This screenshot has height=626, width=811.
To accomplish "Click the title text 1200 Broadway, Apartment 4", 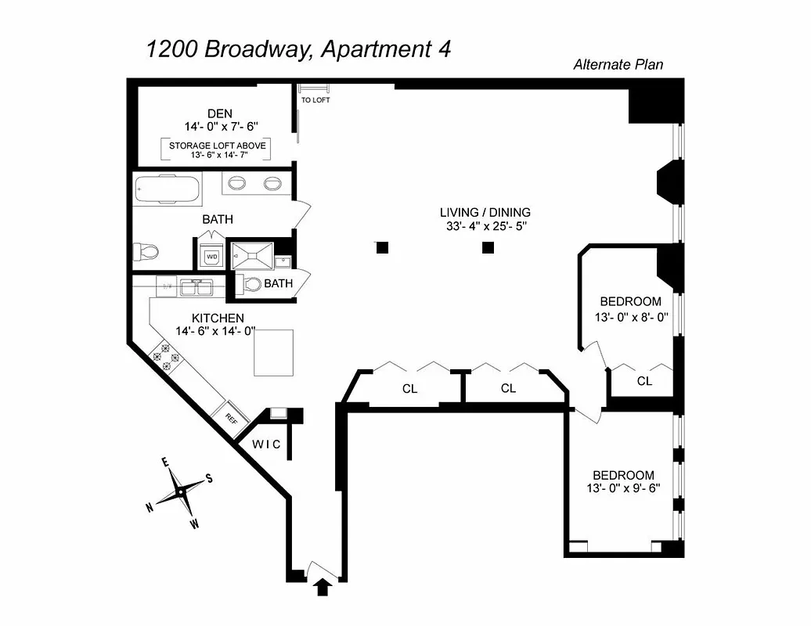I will click(x=298, y=49).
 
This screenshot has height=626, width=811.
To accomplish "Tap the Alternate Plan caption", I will click(x=618, y=65).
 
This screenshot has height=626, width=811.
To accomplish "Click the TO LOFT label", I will click(x=315, y=100).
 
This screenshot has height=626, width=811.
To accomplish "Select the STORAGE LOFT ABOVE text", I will click(x=217, y=146).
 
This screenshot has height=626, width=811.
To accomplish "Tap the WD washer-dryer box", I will click(x=211, y=256).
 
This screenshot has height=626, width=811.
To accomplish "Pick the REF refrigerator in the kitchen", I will click(x=231, y=417).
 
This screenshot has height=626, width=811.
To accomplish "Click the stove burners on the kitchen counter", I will click(x=166, y=356).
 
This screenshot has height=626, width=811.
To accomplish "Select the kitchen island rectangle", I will click(x=273, y=353).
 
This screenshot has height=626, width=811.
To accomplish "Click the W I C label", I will click(x=265, y=444).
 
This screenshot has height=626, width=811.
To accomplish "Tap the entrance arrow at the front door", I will click(x=322, y=587).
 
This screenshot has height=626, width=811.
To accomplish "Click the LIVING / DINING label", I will click(x=485, y=212).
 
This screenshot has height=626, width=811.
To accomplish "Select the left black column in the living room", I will click(x=382, y=248).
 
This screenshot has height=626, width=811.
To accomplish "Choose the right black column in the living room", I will click(x=488, y=248).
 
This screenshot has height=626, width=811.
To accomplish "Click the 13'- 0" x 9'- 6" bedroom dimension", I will click(x=623, y=490).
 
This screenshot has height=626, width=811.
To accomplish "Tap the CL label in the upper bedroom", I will click(x=644, y=381).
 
